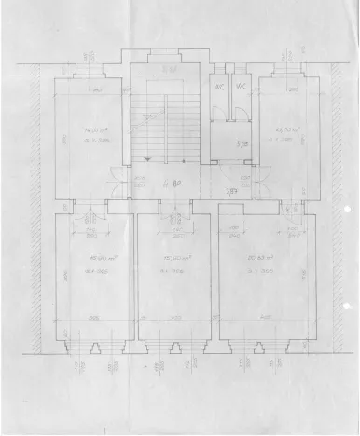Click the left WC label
pyautogui.click(x=219, y=89)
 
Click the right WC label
pyautogui.click(x=239, y=89)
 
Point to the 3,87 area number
pyautogui.click(x=231, y=192)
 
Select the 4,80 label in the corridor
pyautogui.click(x=172, y=183)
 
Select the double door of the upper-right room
pyautogui.click(x=251, y=179)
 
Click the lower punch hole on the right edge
pyautogui.click(x=347, y=302)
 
